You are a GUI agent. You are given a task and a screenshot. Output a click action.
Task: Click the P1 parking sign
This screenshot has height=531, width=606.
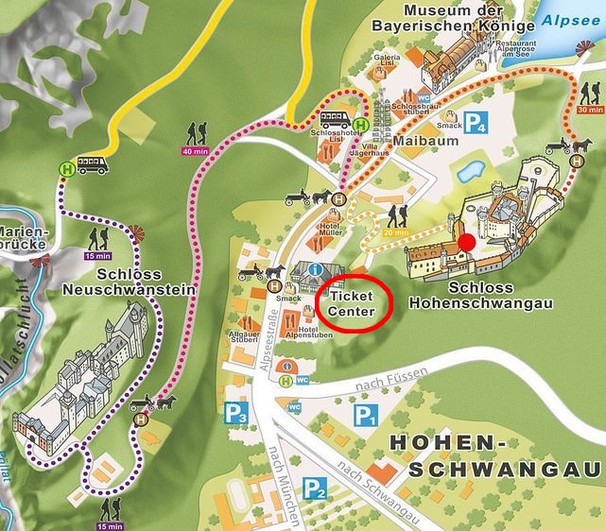pyautogui.click(x=365, y=415)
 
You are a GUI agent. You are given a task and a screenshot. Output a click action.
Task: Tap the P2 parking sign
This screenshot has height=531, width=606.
pyautogui.click(x=315, y=488)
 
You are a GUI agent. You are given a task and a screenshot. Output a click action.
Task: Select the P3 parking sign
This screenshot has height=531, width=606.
pyautogui.click(x=235, y=413)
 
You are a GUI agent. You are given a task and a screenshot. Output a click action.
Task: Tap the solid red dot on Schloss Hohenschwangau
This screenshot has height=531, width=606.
pyautogui.click(x=466, y=244)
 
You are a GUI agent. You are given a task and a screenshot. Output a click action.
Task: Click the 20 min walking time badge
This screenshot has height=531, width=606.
pyautogui.click(x=397, y=231)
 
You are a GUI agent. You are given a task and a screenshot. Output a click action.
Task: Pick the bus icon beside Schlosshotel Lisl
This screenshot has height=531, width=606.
pyautogui.click(x=336, y=120)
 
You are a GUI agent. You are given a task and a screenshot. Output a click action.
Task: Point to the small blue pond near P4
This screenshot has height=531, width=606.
pyautogui.click(x=470, y=172)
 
